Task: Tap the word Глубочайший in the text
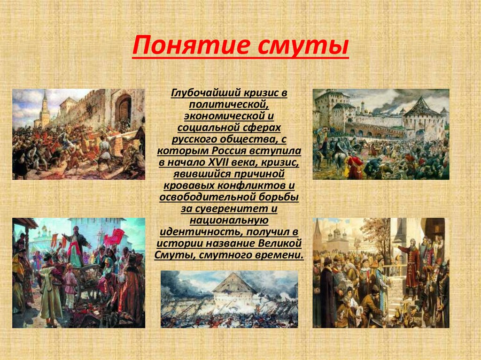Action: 207,93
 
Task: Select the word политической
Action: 229,105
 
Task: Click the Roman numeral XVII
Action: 218,162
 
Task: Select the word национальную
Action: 229,220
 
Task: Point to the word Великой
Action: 280,244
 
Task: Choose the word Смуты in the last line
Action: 173,255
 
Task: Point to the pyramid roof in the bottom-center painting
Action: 234,283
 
